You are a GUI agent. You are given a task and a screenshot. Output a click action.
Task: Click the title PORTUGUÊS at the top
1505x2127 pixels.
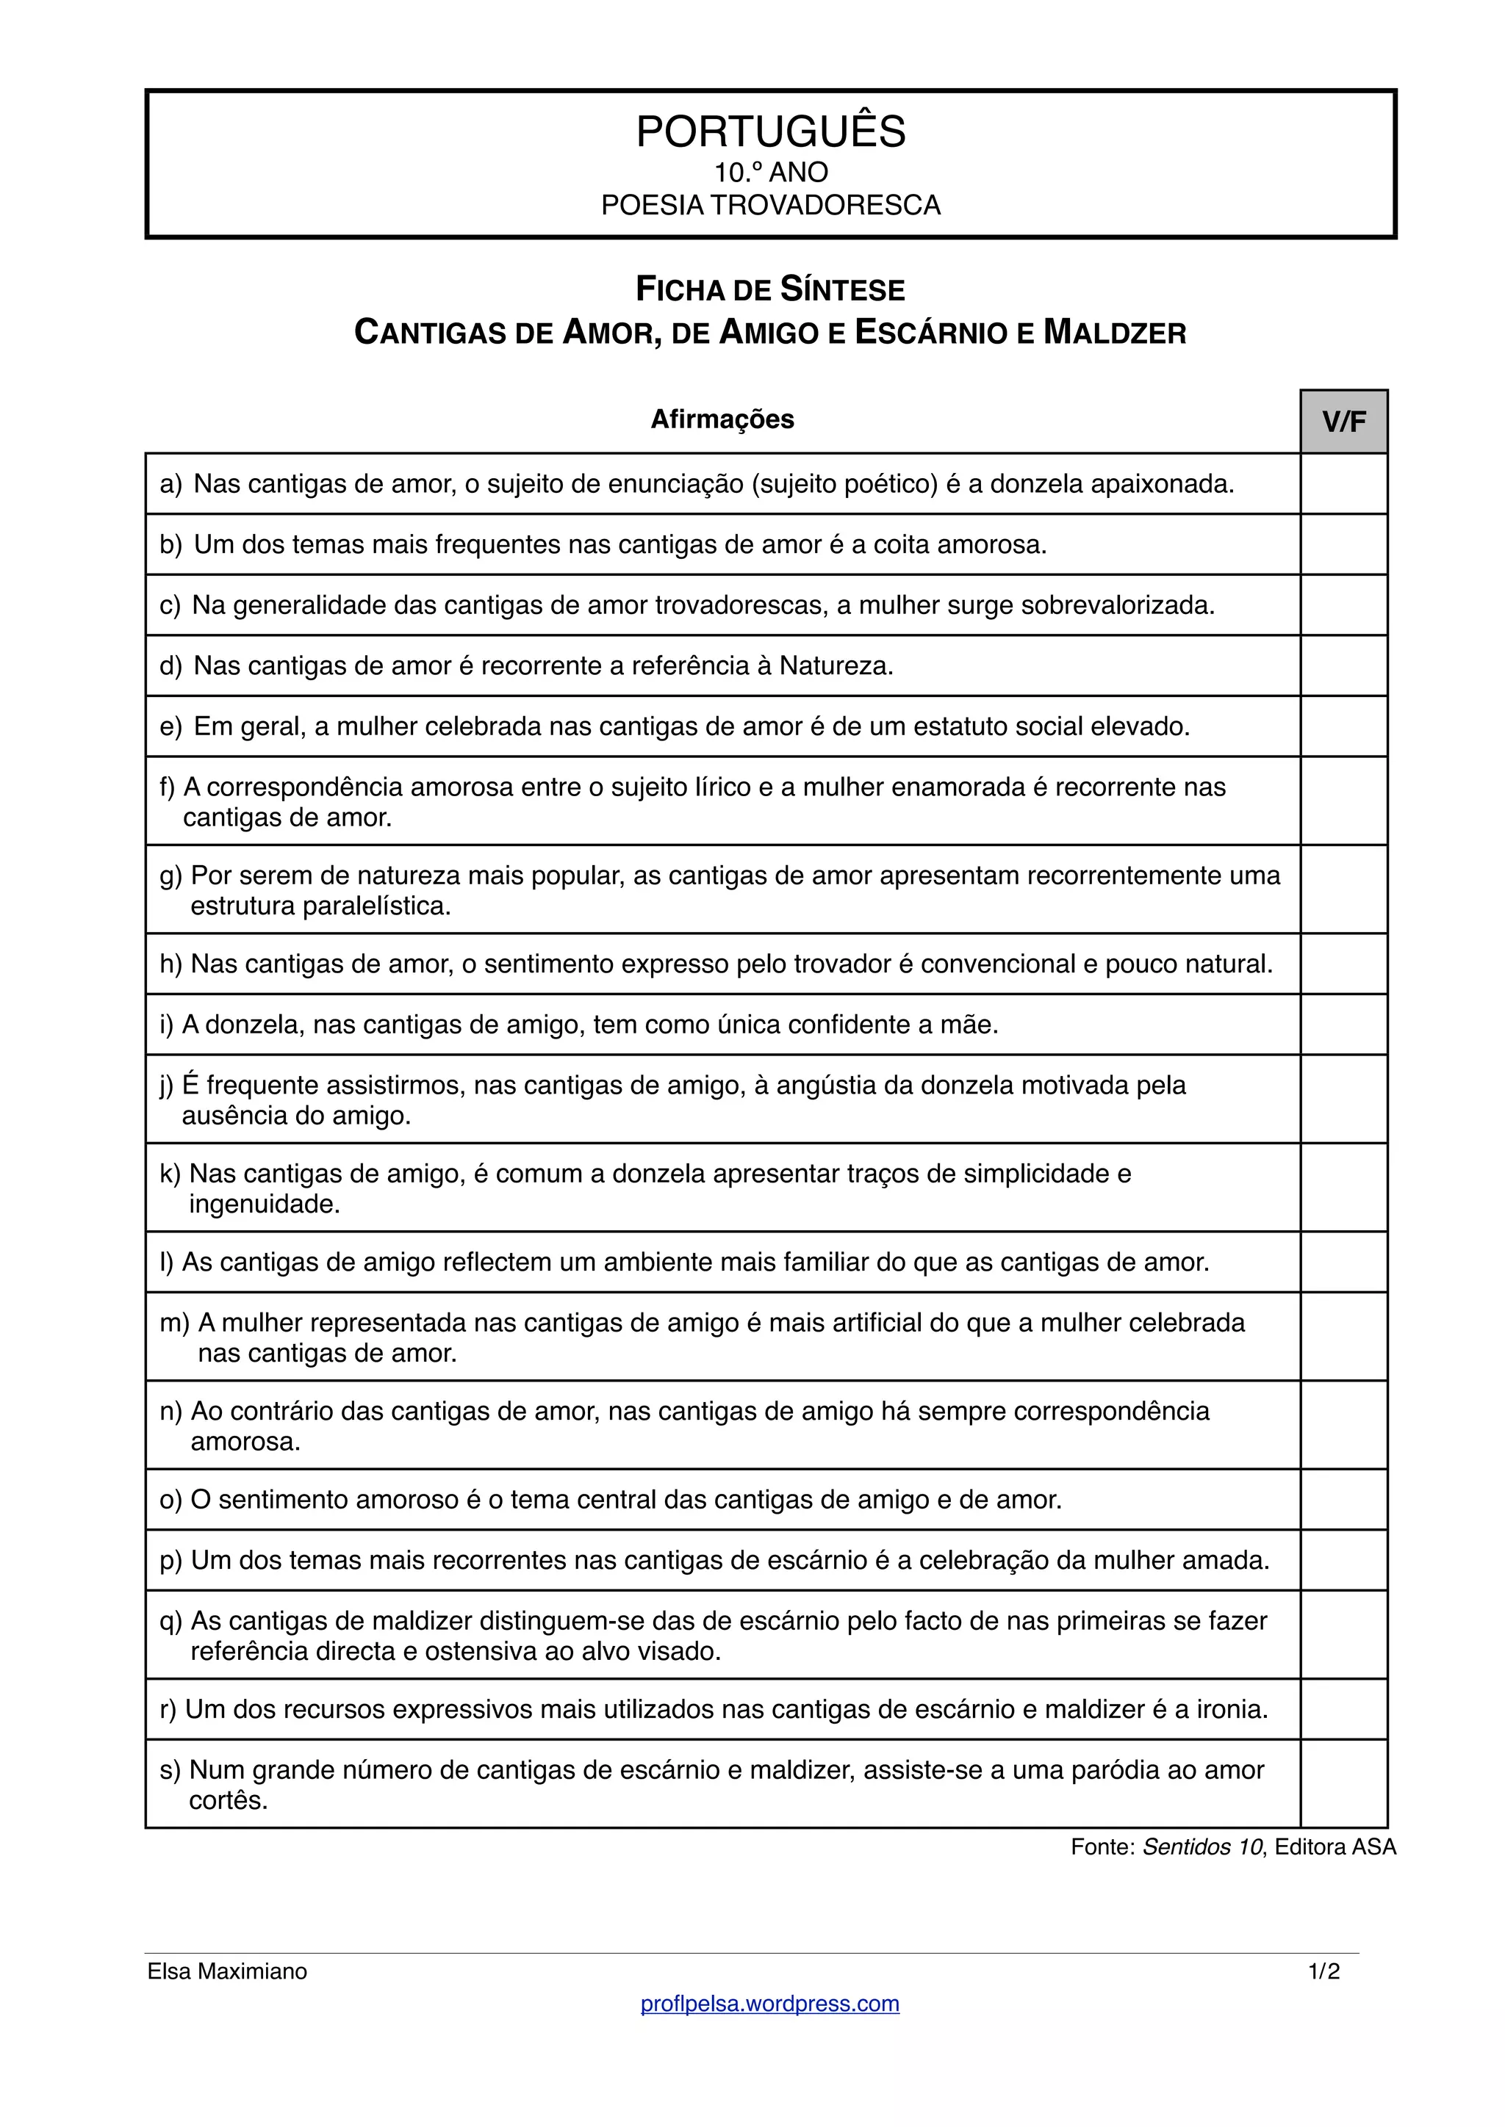(x=770, y=131)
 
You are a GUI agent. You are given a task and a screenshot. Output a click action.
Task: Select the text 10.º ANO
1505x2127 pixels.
(x=770, y=173)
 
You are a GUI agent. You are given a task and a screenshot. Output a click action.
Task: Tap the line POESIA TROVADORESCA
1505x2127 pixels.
(x=770, y=205)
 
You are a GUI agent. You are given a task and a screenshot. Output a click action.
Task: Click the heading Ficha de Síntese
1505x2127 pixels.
(x=770, y=290)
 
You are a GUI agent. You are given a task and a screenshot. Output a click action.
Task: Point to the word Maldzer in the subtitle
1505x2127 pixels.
(x=1115, y=333)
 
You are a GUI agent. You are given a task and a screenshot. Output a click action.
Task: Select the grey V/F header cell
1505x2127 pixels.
(x=1344, y=422)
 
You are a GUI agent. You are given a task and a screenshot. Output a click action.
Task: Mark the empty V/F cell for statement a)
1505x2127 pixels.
(x=1344, y=483)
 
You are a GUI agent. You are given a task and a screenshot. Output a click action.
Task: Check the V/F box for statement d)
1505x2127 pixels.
(x=1344, y=665)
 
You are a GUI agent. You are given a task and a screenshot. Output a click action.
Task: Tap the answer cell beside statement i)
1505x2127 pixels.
(x=1344, y=1025)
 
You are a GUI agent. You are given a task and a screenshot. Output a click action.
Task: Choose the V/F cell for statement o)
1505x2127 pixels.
(x=1344, y=1499)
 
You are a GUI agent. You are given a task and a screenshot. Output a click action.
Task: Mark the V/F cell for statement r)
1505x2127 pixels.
(x=1344, y=1709)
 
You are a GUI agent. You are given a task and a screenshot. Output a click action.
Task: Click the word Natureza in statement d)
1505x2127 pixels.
(x=836, y=666)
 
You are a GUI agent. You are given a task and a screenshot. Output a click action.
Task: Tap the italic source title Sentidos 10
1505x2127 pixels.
(x=1203, y=1847)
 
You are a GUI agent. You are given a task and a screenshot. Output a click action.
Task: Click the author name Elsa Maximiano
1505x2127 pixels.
(x=227, y=1971)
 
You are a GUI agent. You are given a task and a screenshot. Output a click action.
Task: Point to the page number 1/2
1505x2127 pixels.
(x=1324, y=1971)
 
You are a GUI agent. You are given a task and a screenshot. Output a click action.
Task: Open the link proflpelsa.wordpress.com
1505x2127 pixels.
(x=770, y=2004)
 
